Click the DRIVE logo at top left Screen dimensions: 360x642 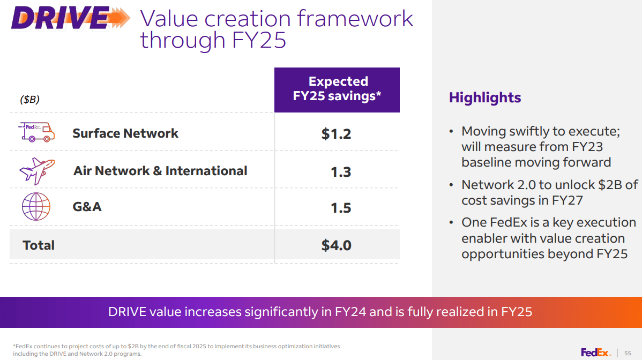click(x=70, y=19)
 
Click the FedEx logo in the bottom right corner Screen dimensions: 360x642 click(x=595, y=352)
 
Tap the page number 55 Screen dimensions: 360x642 click(x=628, y=353)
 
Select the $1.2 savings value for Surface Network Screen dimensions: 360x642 click(x=336, y=134)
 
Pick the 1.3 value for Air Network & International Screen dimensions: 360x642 click(x=341, y=171)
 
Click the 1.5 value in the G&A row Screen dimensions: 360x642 click(x=341, y=208)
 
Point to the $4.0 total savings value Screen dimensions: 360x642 click(x=336, y=245)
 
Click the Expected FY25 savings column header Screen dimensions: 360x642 click(x=337, y=89)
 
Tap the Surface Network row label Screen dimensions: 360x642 click(x=125, y=133)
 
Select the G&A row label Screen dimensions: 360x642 click(x=87, y=206)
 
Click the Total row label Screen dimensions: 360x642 click(x=39, y=245)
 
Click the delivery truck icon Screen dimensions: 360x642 click(x=36, y=132)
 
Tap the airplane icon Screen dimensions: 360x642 click(x=36, y=170)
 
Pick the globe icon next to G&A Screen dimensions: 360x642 click(x=36, y=207)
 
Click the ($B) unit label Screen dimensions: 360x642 click(x=29, y=100)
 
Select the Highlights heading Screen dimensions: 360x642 click(x=484, y=97)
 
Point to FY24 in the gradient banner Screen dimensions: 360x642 click(x=350, y=312)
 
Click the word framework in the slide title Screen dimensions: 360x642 click(x=355, y=19)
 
